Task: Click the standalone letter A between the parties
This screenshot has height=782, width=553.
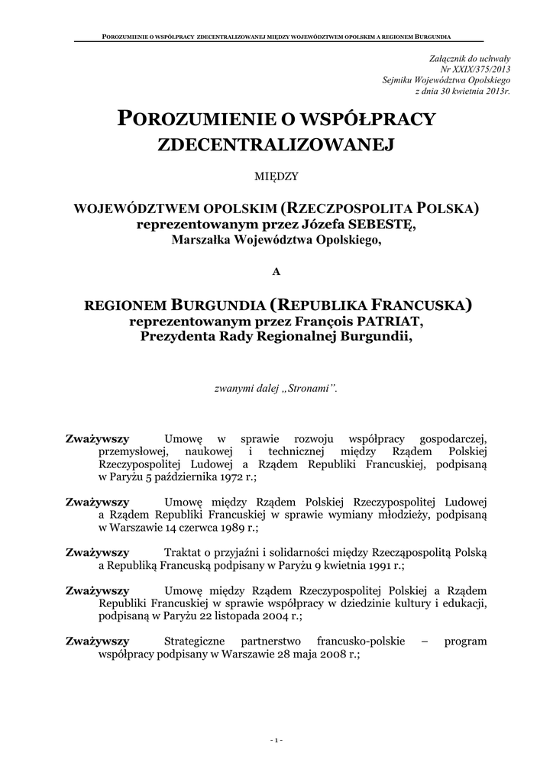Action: click(x=276, y=271)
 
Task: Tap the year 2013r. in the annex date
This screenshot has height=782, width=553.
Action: click(x=495, y=91)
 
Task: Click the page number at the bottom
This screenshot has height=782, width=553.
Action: click(x=276, y=739)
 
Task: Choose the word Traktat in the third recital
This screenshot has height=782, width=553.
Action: click(x=182, y=551)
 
